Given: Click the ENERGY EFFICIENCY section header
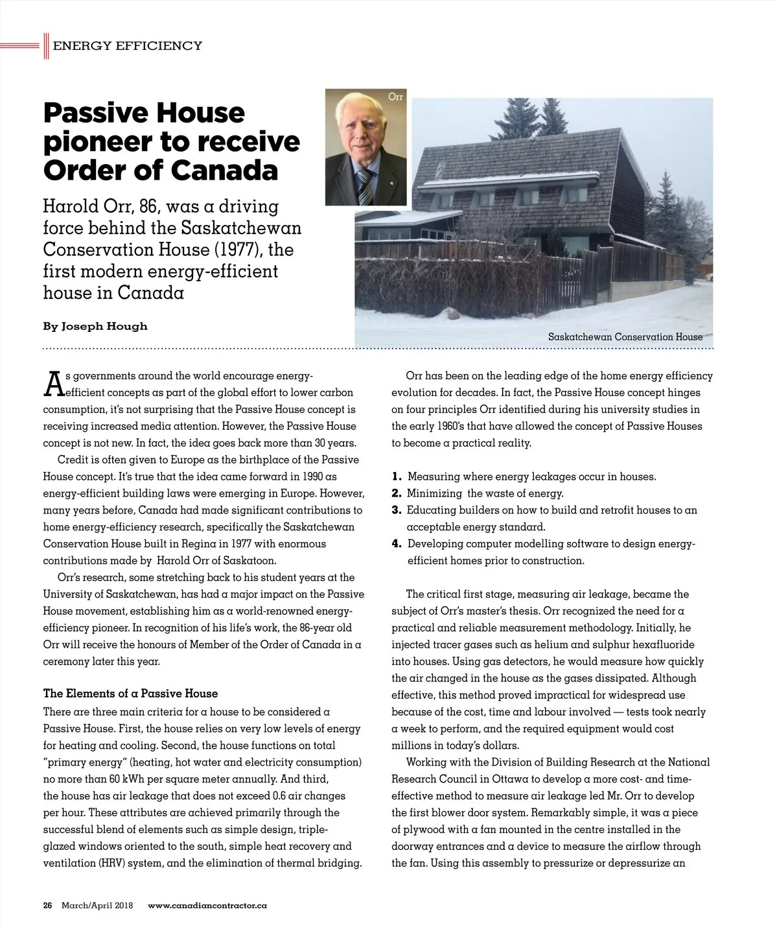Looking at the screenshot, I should click(x=127, y=45).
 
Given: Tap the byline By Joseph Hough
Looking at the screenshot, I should click(x=95, y=326).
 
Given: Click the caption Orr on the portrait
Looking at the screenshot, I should click(x=395, y=97).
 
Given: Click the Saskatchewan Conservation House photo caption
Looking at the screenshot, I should click(x=625, y=337).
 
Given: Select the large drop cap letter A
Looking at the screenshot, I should click(x=54, y=384).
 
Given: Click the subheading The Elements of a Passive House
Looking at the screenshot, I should click(x=130, y=694).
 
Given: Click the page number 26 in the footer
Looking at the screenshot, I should click(x=47, y=906).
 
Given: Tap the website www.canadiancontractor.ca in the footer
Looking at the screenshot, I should click(x=207, y=906).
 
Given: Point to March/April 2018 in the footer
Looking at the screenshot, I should click(x=97, y=906).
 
